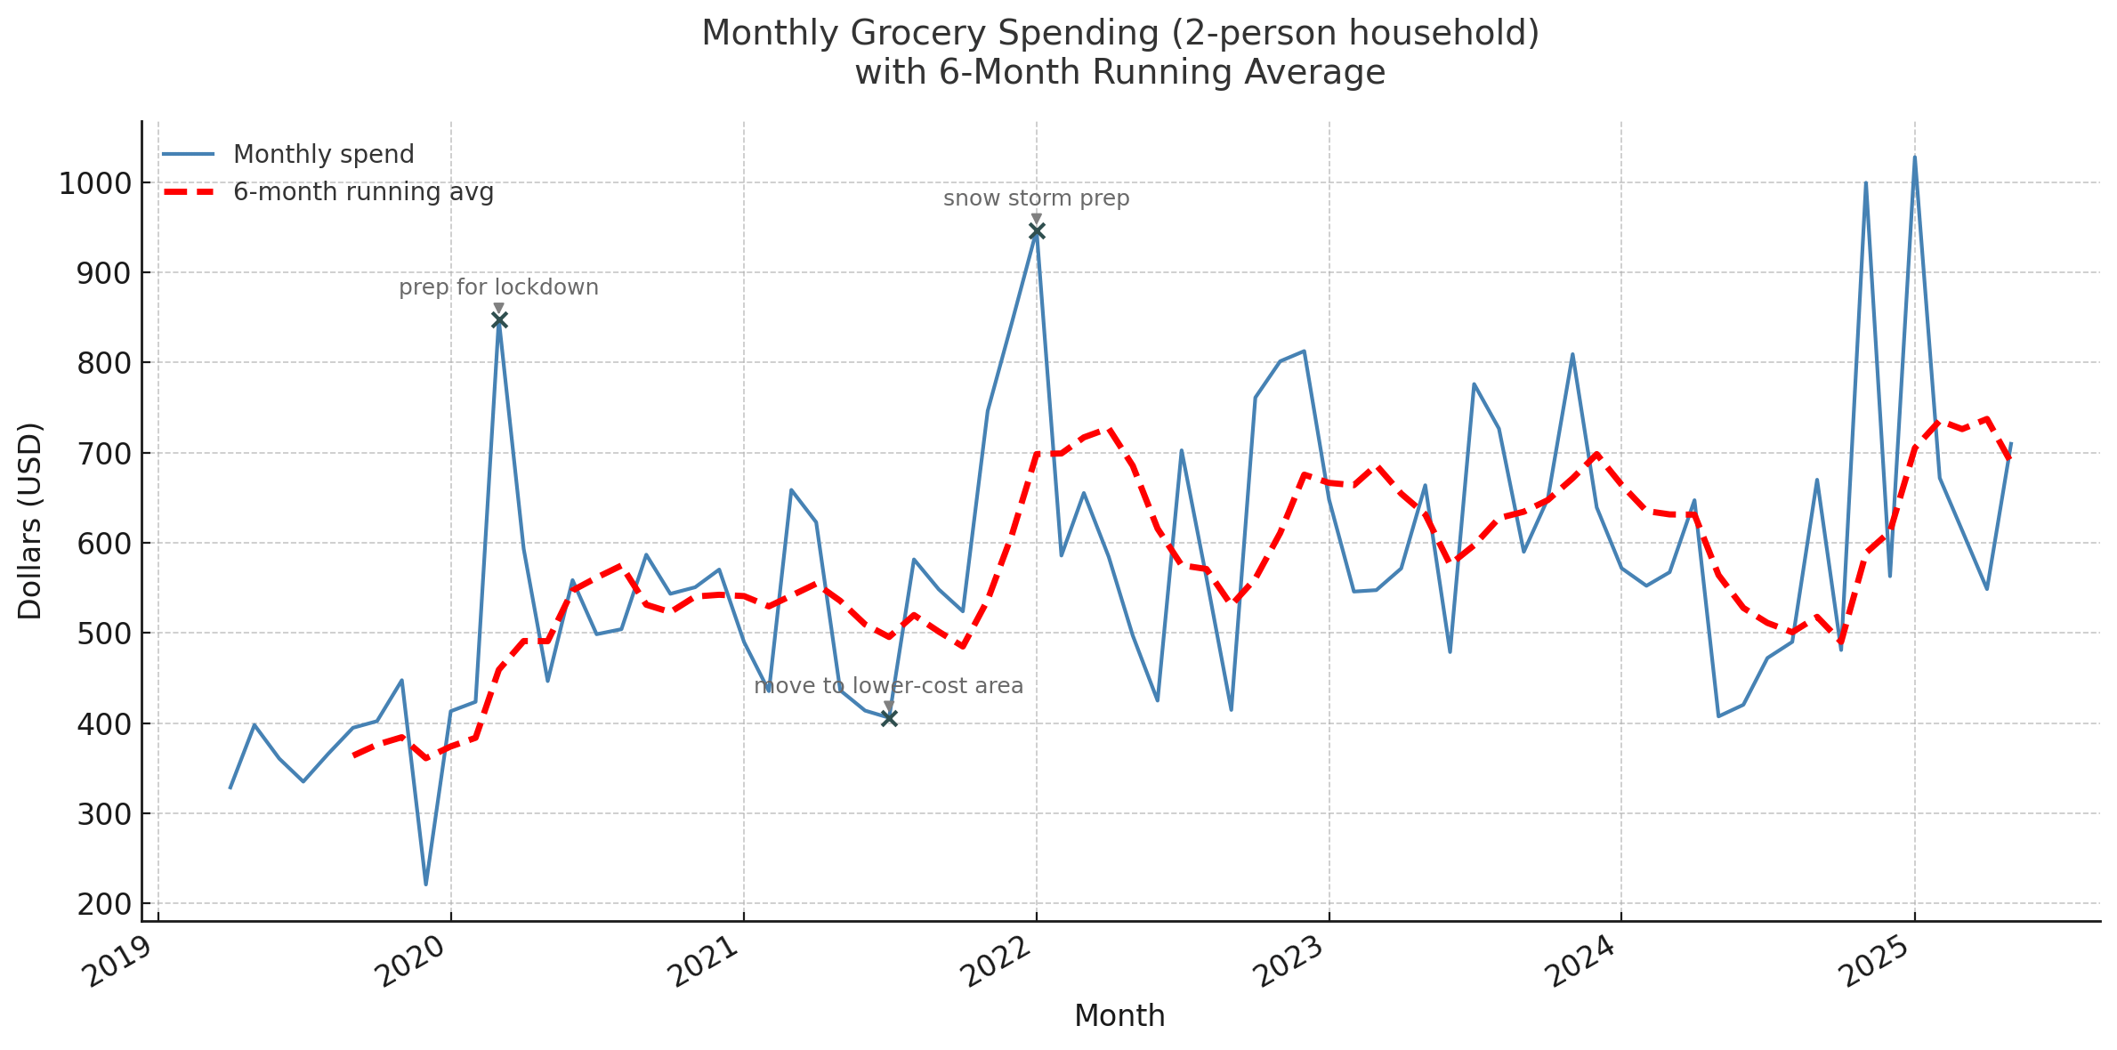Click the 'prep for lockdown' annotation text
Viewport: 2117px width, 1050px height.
[498, 287]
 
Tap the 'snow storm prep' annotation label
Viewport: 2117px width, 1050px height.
[1036, 198]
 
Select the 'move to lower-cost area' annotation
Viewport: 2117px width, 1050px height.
[888, 686]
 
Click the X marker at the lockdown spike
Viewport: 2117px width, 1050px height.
[499, 320]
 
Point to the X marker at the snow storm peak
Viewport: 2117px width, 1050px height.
[1037, 231]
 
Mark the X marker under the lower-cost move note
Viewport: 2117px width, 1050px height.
[889, 718]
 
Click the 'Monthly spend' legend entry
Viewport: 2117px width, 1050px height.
[323, 155]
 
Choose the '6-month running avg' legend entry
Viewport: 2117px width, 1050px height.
[363, 192]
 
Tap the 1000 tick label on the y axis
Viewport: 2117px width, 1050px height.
[94, 184]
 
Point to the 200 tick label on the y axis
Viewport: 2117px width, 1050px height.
[103, 905]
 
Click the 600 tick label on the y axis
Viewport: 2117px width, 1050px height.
[103, 544]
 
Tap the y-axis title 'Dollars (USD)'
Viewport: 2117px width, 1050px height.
[30, 521]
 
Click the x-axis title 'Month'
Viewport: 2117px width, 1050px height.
[1119, 1016]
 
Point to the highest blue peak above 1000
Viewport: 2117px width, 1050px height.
[1914, 157]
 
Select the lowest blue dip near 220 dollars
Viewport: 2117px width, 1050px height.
[426, 884]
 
